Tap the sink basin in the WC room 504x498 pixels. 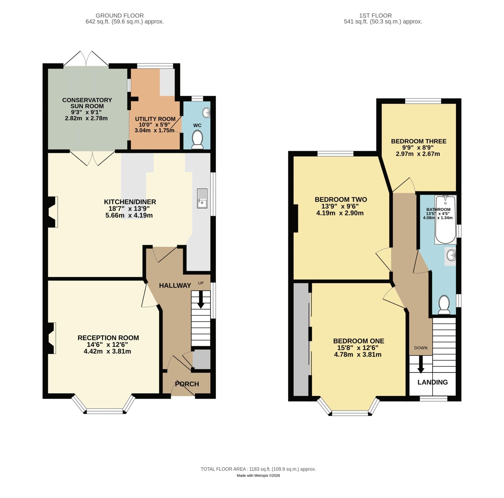(206, 113)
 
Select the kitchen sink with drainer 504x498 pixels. (202, 198)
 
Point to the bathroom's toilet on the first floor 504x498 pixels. (444, 305)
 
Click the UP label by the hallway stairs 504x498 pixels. (201, 283)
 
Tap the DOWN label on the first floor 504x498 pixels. (421, 348)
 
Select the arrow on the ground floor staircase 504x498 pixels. (201, 300)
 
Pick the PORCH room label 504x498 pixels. (187, 384)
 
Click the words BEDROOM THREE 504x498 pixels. (419, 141)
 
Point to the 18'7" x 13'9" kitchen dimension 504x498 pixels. (129, 209)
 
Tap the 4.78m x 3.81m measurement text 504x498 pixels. (357, 355)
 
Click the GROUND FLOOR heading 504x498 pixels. (119, 16)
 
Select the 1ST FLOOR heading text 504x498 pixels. (375, 16)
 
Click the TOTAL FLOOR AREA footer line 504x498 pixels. (258, 469)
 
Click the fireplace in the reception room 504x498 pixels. (52, 338)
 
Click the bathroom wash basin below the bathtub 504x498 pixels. (451, 255)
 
